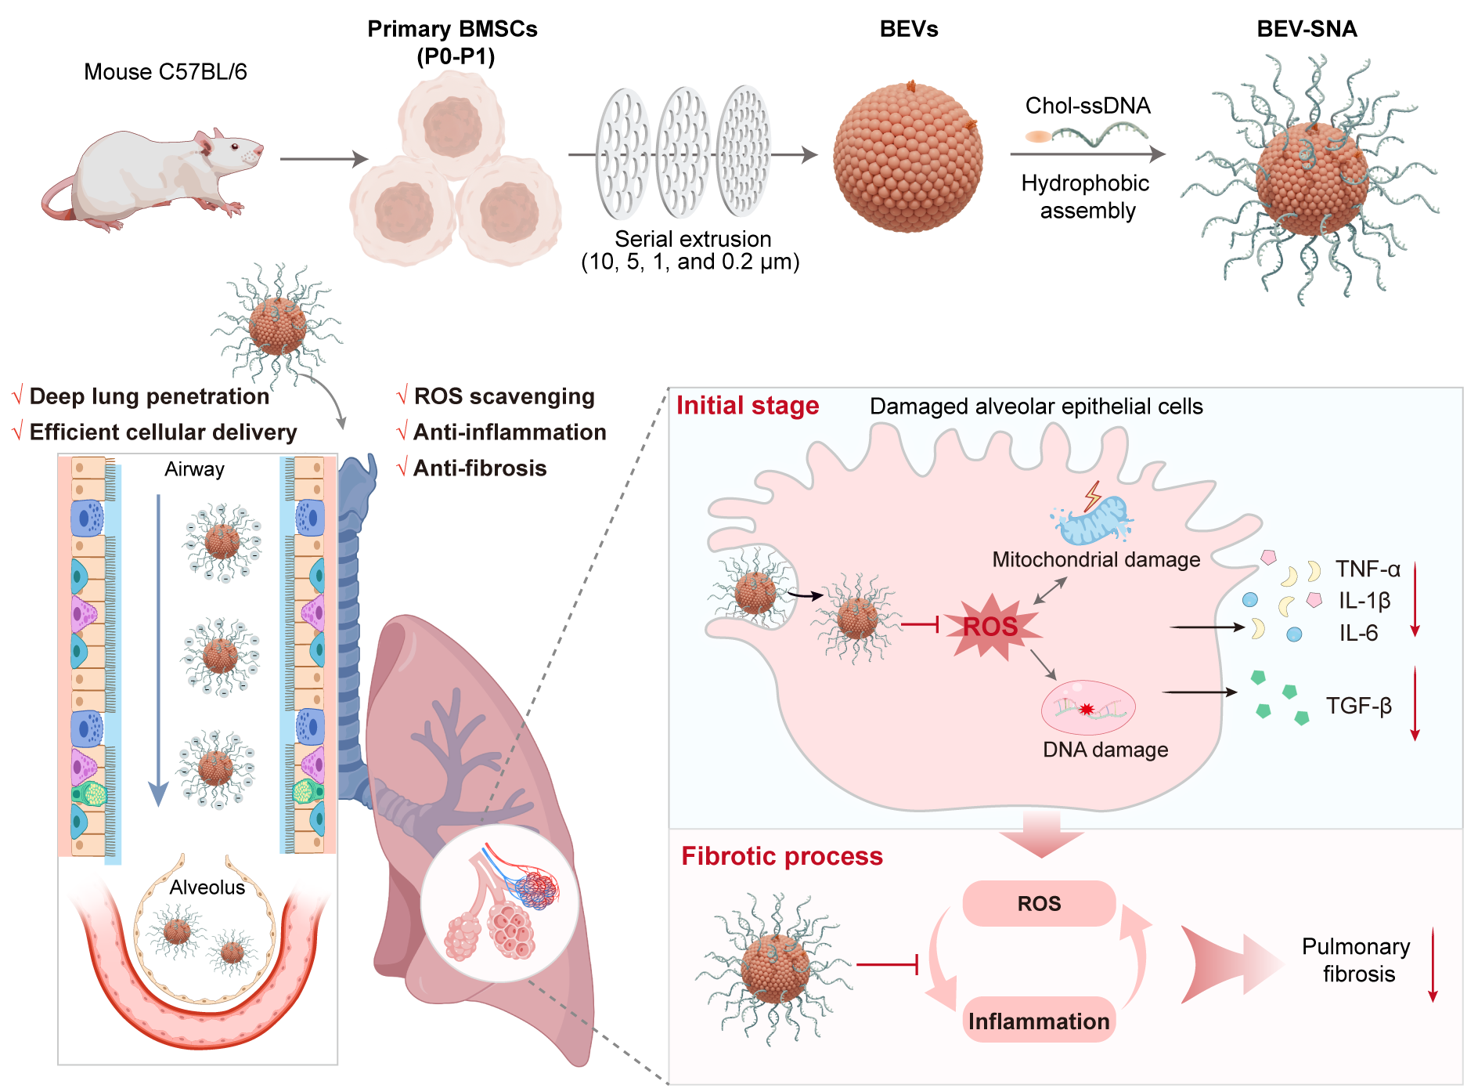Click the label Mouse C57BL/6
tap(165, 72)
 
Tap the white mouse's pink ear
tap(206, 143)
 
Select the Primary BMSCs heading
tap(452, 42)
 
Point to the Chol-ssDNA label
tap(1087, 106)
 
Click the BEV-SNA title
tap(1307, 29)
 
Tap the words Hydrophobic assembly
tap(1087, 197)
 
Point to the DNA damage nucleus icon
tap(1087, 707)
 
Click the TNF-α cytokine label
tap(1368, 569)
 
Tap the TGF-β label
tap(1359, 707)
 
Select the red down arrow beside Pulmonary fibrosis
tap(1433, 965)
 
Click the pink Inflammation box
tap(1039, 1021)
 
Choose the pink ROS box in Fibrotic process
tap(1039, 904)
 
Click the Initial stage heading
tap(748, 406)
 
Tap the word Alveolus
tap(207, 887)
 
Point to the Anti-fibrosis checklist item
tap(479, 468)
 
